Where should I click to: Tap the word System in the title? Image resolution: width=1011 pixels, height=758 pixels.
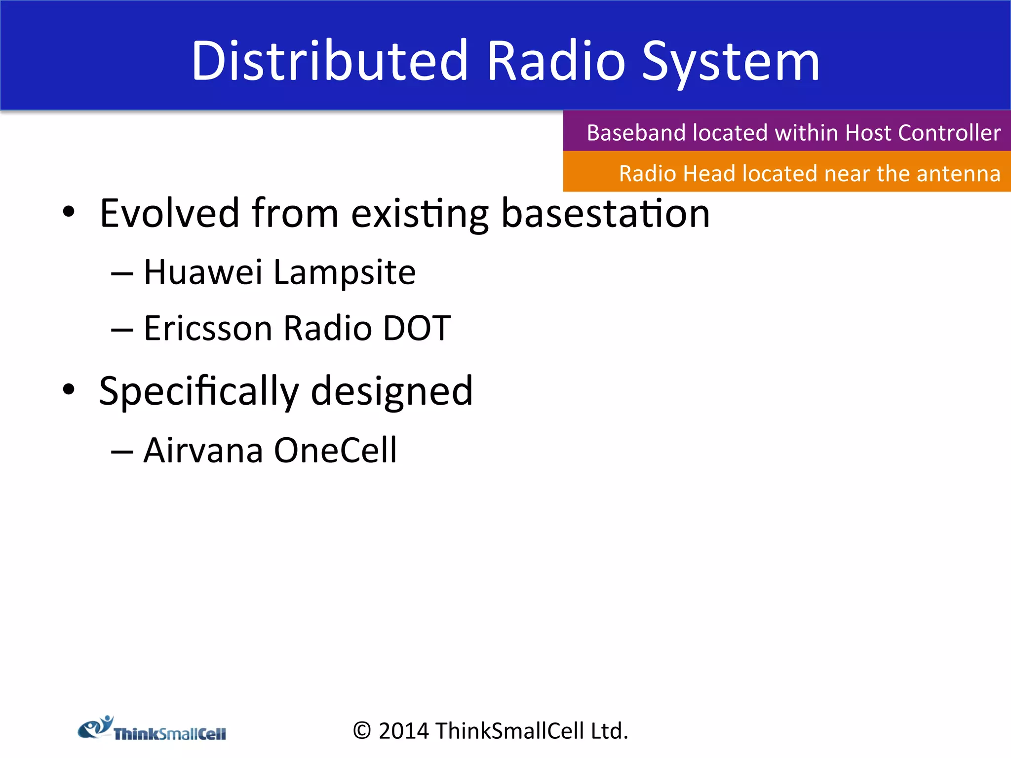[x=730, y=62]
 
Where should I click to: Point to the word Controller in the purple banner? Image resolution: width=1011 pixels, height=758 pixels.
[x=949, y=133]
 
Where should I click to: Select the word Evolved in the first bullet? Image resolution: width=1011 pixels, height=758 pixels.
[x=169, y=213]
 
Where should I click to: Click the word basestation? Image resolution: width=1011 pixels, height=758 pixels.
[x=605, y=213]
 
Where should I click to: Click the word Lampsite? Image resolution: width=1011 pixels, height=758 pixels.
[x=344, y=273]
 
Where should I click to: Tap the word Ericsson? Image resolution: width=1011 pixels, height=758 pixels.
[x=208, y=328]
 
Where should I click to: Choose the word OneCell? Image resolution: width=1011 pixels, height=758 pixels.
[x=335, y=450]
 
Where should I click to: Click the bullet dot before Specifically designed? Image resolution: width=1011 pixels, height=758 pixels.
[x=69, y=389]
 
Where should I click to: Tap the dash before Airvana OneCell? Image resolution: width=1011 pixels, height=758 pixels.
[x=122, y=451]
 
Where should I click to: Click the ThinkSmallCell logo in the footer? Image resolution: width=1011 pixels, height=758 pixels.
[x=152, y=729]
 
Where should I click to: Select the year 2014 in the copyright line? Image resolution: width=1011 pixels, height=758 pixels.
[x=403, y=731]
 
